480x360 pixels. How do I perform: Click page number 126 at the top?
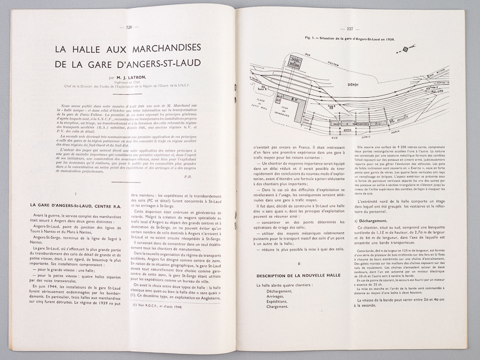[133, 27]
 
